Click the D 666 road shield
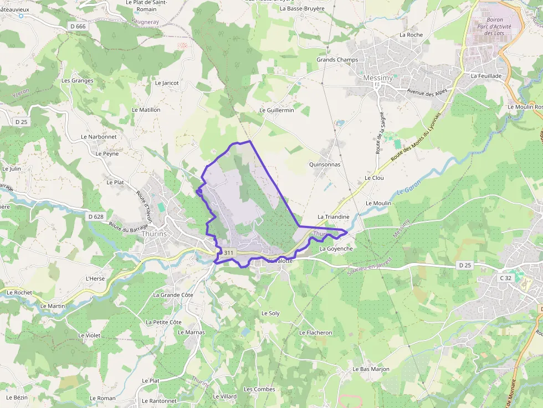[78, 26]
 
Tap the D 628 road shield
[96, 216]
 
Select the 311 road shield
[227, 253]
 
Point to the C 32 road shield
[505, 278]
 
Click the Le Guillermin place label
[277, 111]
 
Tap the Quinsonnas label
[325, 164]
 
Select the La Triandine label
[334, 217]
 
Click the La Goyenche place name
[336, 249]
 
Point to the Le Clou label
[374, 178]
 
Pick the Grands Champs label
[337, 60]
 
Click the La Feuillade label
[486, 76]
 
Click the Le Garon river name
[409, 188]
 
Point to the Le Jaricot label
[167, 83]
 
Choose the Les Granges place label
[78, 80]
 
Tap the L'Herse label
[95, 278]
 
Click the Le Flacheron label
[315, 333]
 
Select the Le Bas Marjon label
[371, 369]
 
